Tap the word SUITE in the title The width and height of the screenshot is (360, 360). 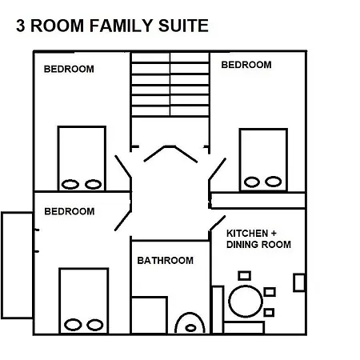183,26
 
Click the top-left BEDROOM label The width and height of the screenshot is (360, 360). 69,69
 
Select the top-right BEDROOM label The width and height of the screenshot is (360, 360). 246,65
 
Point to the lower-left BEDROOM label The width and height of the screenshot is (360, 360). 70,211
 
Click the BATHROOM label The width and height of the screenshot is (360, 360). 166,261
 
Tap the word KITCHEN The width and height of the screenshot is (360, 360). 247,234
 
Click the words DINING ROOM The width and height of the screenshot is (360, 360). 258,245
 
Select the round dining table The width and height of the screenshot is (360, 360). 246,302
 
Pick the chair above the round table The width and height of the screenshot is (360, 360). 245,275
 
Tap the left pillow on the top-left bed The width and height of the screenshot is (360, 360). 70,184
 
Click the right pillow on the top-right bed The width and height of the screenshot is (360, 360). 274,182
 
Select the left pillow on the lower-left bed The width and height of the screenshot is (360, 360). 73,325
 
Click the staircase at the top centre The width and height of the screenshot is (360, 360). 170,84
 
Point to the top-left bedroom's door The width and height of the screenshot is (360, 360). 123,166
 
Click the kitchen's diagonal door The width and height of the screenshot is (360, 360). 218,223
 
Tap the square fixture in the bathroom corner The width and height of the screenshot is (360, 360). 150,315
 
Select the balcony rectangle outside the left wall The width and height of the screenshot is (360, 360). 17,266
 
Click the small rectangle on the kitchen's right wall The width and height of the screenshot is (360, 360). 299,282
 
